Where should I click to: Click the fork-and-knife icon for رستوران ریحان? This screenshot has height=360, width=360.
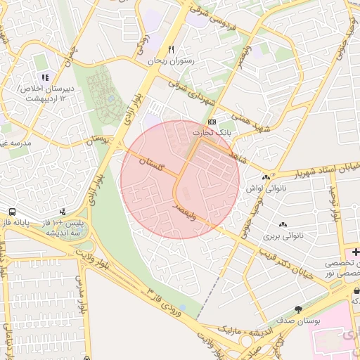171,50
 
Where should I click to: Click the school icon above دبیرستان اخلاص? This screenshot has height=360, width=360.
45,78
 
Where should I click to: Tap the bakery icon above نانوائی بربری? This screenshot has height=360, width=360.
282,224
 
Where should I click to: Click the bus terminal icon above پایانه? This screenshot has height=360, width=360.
13,212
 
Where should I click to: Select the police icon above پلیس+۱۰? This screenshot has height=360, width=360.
63,212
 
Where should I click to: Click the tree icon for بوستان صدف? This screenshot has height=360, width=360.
298,309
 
